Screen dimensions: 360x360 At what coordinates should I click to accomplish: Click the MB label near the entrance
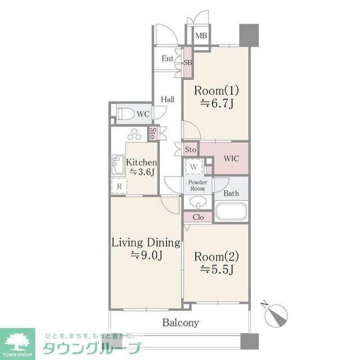[x=201, y=36]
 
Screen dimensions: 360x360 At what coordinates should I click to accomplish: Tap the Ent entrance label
[x=168, y=58]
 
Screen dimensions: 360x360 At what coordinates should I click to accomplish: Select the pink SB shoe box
[x=188, y=62]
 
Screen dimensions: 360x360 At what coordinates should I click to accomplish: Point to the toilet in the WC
[x=126, y=114]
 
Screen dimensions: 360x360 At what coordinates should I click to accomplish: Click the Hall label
[x=167, y=100]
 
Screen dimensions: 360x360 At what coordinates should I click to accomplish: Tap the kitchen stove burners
[x=136, y=135]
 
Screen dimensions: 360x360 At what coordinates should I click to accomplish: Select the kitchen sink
[x=118, y=164]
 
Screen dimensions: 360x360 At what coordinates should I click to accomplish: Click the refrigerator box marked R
[x=119, y=186]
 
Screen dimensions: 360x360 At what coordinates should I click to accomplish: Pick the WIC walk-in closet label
[x=231, y=159]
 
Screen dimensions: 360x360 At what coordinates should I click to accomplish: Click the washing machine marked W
[x=193, y=166]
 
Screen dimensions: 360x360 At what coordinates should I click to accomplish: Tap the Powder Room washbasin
[x=197, y=202]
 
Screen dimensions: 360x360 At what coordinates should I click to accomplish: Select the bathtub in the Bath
[x=231, y=213]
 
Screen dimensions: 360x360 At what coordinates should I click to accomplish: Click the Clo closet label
[x=198, y=217]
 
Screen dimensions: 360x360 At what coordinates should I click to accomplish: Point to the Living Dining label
[x=146, y=243]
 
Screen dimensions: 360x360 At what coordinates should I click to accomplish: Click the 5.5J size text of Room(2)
[x=217, y=269]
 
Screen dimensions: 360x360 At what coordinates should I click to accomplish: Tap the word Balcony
[x=181, y=323]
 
